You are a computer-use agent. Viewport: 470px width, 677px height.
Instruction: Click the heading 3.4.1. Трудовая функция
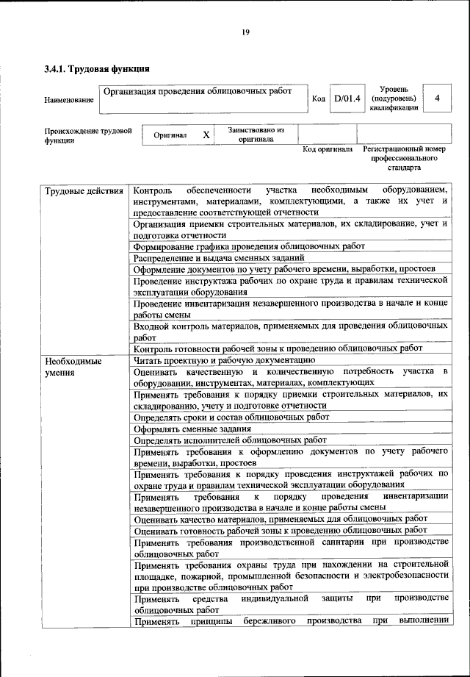pyautogui.click(x=97, y=70)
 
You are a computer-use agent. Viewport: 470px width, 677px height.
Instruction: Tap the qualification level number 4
pyautogui.click(x=438, y=98)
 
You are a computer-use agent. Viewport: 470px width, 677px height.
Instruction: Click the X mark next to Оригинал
pyautogui.click(x=206, y=135)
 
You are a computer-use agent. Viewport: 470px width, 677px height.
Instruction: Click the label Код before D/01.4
pyautogui.click(x=319, y=98)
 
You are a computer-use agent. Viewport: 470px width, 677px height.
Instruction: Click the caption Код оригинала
pyautogui.click(x=328, y=150)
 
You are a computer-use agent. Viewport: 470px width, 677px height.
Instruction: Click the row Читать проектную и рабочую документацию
pyautogui.click(x=224, y=360)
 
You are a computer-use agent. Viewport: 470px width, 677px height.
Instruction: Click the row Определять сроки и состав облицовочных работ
pyautogui.click(x=231, y=417)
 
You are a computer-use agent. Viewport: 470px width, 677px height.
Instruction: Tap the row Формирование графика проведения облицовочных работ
pyautogui.click(x=249, y=246)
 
